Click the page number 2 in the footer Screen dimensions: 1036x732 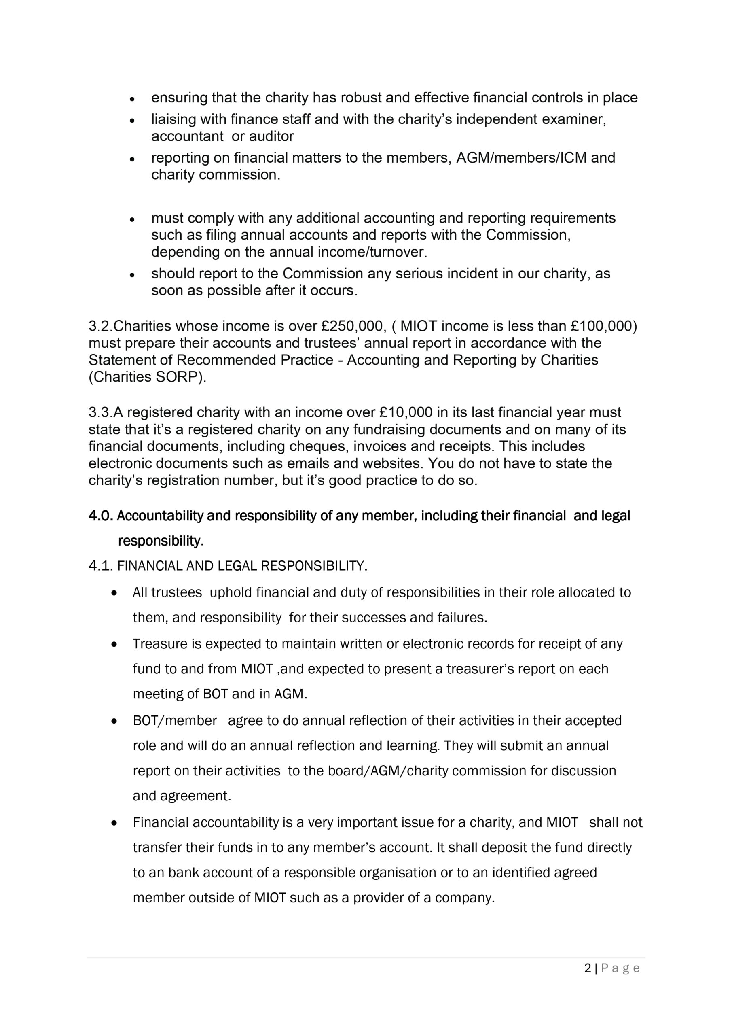tap(587, 968)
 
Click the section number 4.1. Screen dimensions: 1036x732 tap(101, 565)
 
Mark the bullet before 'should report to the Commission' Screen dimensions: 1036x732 tap(132, 274)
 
